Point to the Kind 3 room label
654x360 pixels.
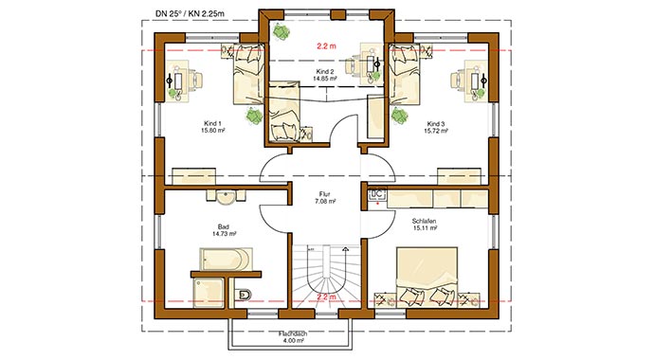click(x=435, y=127)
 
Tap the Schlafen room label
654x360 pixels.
click(x=426, y=224)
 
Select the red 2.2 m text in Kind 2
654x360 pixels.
click(x=327, y=45)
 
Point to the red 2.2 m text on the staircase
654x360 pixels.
click(x=326, y=297)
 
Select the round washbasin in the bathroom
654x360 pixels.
click(x=226, y=197)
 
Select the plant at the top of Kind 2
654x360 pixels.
click(x=282, y=29)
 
